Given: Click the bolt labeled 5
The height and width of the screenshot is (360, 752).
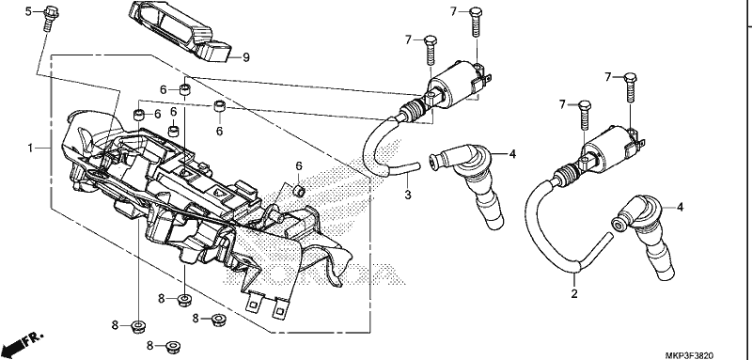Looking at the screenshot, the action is coord(50,18).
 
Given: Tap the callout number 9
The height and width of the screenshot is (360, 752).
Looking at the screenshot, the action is coord(246,58).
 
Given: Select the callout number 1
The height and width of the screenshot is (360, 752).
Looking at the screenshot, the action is coord(30,149).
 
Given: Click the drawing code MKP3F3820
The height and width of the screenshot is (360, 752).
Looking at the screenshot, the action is coord(689,355).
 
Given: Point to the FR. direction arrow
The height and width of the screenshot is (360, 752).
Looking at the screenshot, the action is coord(22,341).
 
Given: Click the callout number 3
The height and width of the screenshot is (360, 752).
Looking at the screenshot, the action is coord(408,196).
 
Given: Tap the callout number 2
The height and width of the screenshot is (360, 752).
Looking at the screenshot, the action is coord(574,293).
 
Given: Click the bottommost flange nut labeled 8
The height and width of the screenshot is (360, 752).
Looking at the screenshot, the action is coord(172,346).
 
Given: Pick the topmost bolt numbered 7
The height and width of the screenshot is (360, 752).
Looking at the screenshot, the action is coord(476,22).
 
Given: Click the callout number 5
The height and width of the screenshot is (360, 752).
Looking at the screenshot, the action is coord(28,11).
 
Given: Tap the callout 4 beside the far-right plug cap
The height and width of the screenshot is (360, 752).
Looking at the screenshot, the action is coord(680,208).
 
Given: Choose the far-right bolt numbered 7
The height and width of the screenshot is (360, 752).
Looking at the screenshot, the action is coord(631,87).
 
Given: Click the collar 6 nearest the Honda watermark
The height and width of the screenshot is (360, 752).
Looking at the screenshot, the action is coord(299,190).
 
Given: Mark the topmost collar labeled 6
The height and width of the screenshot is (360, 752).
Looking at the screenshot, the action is coord(183,89).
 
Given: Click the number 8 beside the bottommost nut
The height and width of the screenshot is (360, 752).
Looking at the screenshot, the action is coord(149,345).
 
